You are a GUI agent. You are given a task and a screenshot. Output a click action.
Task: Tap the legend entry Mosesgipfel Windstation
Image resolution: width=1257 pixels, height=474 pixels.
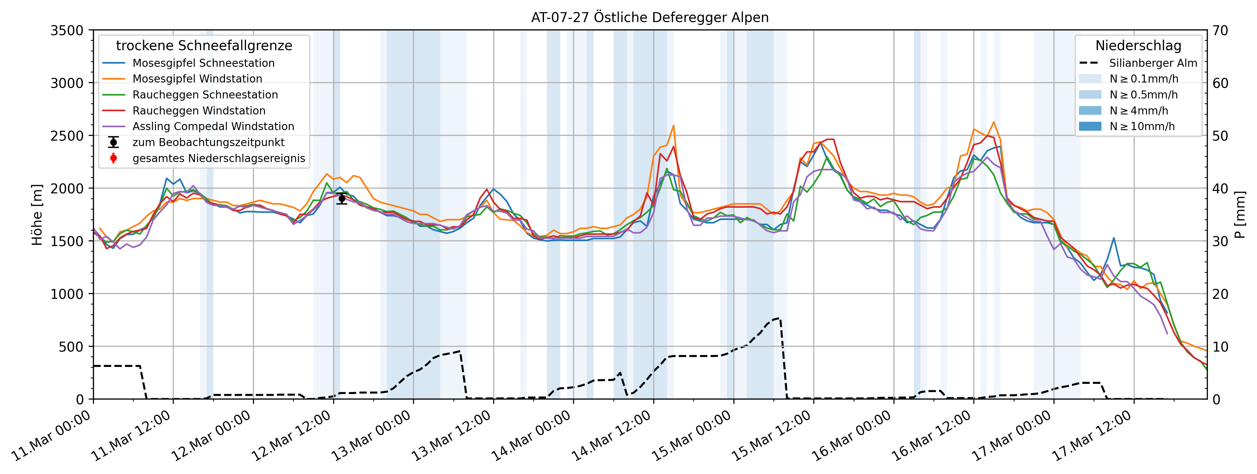(197, 79)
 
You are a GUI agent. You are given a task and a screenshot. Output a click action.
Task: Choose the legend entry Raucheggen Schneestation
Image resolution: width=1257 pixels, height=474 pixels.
(205, 95)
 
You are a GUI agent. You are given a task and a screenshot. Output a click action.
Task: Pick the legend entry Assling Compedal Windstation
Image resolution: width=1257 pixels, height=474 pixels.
(213, 127)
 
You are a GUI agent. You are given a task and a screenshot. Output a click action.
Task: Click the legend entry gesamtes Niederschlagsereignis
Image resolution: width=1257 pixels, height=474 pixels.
(218, 158)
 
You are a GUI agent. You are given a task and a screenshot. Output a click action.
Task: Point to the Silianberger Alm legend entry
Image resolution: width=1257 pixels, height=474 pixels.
(1153, 63)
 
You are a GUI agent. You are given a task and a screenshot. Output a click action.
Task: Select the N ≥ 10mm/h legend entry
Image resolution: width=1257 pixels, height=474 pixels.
(1142, 127)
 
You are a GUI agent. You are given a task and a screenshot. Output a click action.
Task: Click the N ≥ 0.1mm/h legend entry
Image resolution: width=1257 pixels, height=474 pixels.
(1143, 79)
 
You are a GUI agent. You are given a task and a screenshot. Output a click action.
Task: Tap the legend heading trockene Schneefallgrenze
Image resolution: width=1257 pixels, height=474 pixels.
(204, 46)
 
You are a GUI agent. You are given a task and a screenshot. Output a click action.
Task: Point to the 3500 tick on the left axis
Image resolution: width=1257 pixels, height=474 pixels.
(67, 30)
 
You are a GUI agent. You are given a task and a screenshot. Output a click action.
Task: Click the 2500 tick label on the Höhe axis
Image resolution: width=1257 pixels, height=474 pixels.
(67, 136)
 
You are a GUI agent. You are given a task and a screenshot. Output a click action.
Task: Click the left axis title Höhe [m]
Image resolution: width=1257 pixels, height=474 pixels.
(37, 215)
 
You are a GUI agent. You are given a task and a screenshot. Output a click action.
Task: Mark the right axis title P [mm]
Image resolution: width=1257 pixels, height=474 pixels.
(1240, 215)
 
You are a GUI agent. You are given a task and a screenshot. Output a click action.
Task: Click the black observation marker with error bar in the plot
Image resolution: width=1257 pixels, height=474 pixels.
(342, 198)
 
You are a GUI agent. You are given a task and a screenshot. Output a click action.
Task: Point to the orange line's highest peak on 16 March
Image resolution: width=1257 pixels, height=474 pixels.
(993, 122)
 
